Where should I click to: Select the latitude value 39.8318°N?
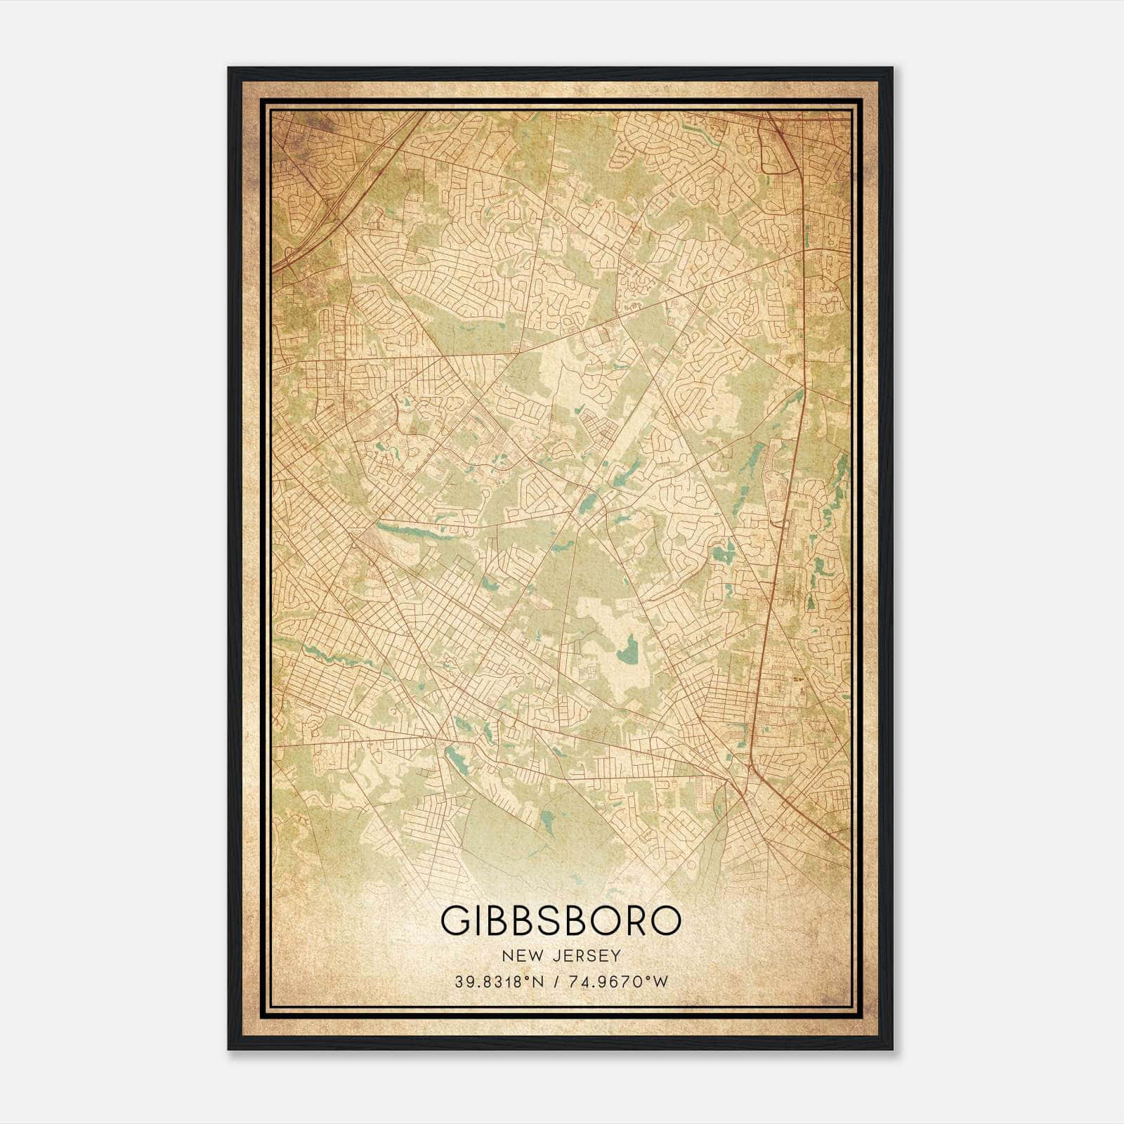[499, 982]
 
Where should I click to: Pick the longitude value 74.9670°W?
[619, 982]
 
